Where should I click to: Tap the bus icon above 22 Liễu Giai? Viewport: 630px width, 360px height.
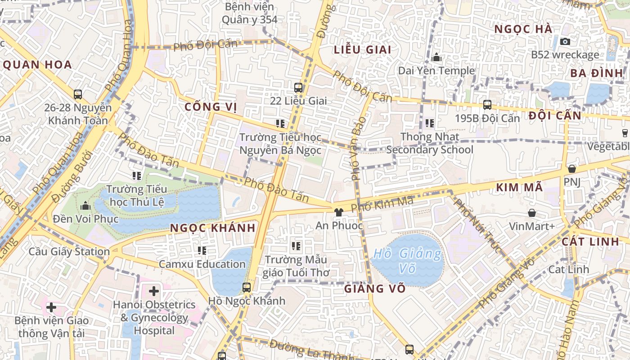(298, 87)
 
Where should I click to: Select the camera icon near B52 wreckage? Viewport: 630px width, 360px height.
(565, 41)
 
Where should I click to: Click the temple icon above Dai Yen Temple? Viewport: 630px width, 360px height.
(436, 58)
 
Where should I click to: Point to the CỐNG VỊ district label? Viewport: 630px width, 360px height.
(211, 107)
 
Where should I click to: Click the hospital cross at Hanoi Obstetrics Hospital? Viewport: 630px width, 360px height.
(154, 291)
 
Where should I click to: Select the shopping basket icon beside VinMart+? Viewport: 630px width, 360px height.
(532, 213)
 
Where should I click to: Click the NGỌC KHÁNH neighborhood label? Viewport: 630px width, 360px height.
(213, 228)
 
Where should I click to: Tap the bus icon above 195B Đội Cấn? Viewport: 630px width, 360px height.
(487, 105)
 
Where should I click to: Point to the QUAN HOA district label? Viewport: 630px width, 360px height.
(38, 65)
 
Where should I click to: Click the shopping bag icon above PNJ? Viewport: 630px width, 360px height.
(571, 169)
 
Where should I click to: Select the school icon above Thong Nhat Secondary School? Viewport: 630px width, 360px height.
(429, 123)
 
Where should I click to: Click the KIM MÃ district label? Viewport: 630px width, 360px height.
(519, 188)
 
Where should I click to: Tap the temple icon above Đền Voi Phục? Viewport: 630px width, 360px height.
(85, 206)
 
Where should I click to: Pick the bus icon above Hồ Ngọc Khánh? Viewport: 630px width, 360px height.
(246, 287)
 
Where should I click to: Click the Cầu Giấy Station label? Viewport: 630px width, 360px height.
(69, 251)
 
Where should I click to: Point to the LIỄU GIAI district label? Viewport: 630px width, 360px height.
(363, 49)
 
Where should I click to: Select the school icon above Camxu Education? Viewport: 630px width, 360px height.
(202, 250)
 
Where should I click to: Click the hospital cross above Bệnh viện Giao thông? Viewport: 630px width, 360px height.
(51, 307)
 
